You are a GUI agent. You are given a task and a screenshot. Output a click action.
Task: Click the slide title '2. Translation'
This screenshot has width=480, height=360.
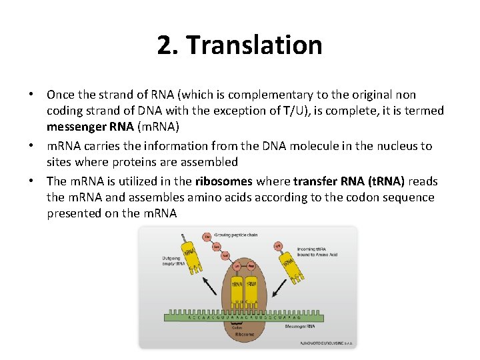(240, 45)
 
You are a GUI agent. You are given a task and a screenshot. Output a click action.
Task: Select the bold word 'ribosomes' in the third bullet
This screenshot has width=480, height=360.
(223, 181)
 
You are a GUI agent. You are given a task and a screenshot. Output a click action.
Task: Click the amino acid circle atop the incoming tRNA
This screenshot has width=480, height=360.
(278, 246)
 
